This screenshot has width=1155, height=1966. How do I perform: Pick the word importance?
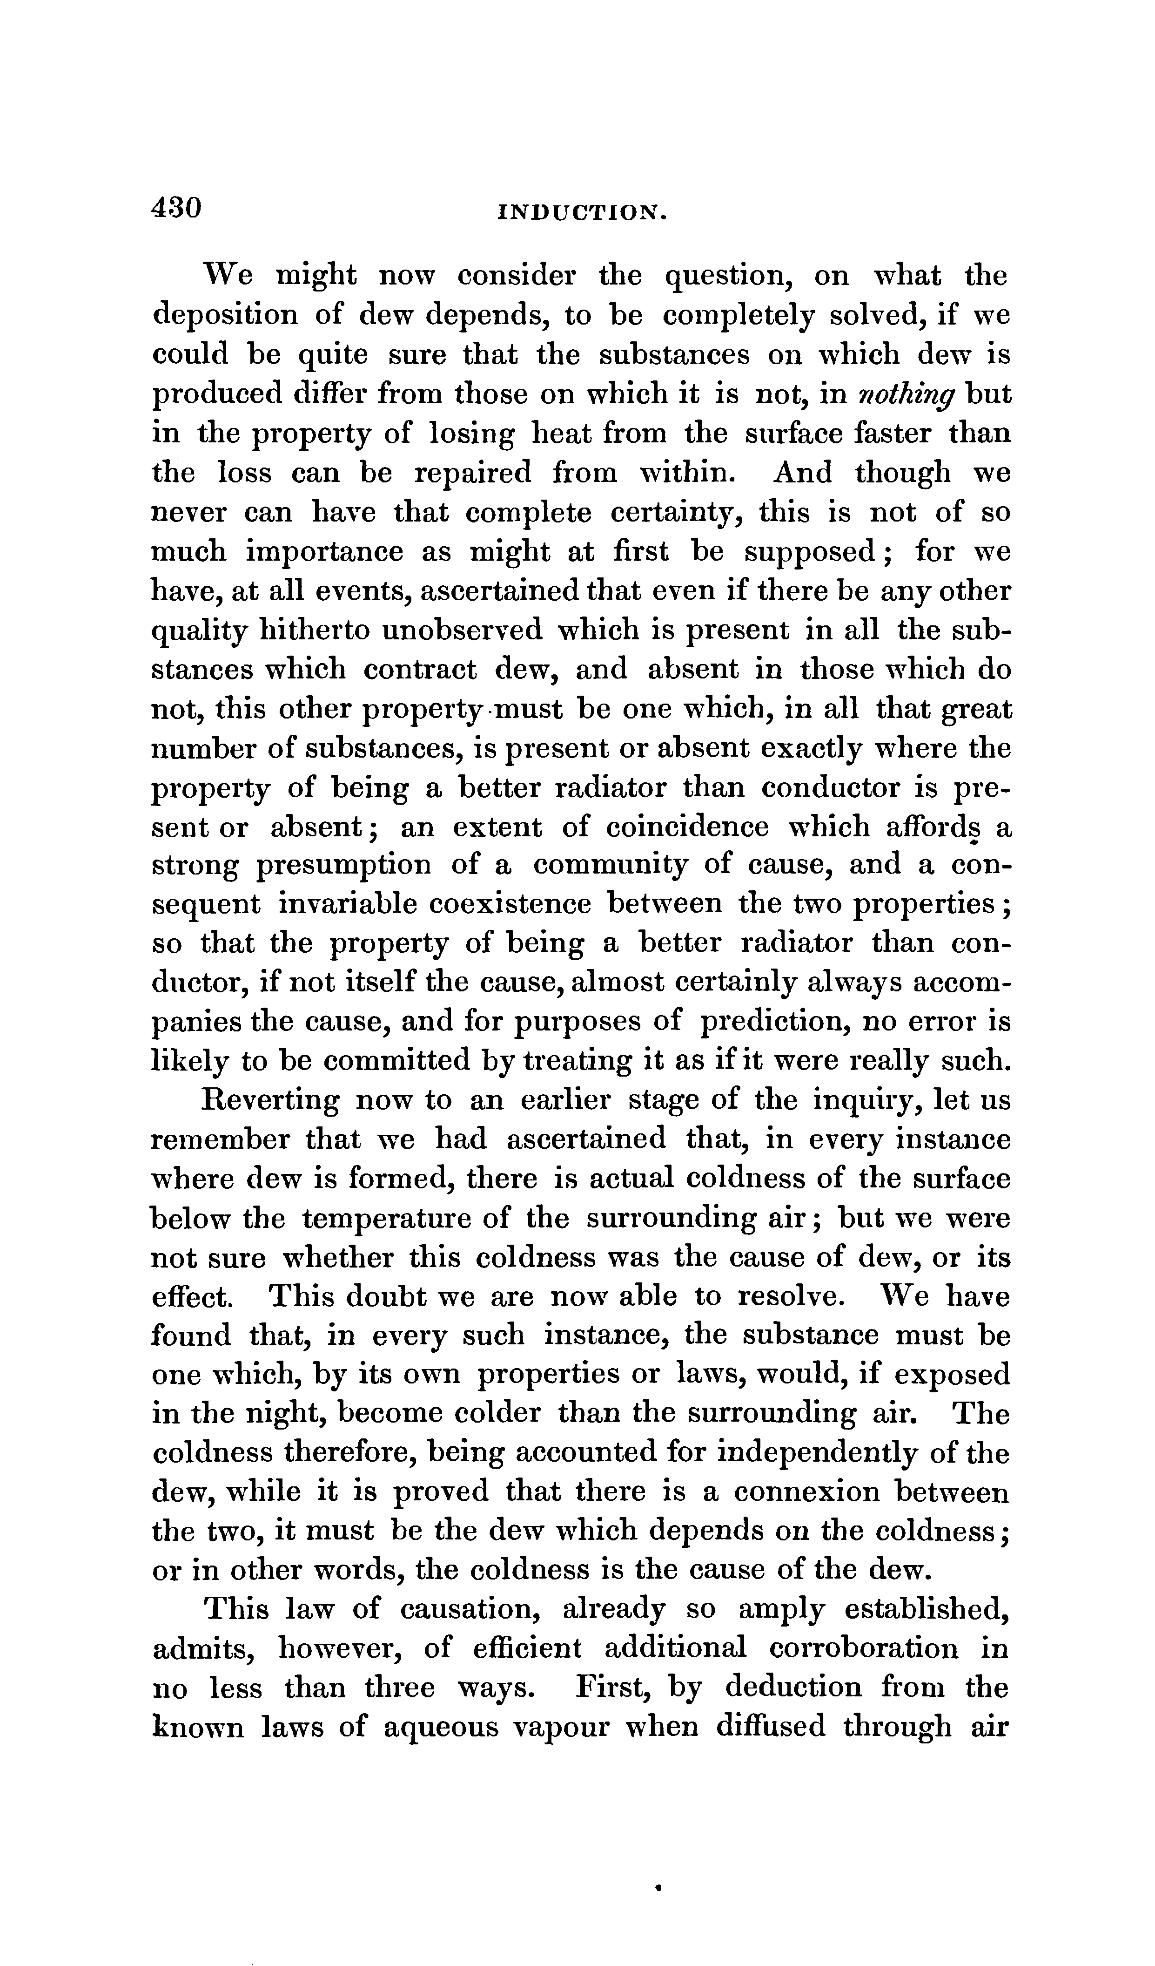[x=325, y=552]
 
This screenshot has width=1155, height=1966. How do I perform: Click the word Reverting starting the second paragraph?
[x=271, y=1101]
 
